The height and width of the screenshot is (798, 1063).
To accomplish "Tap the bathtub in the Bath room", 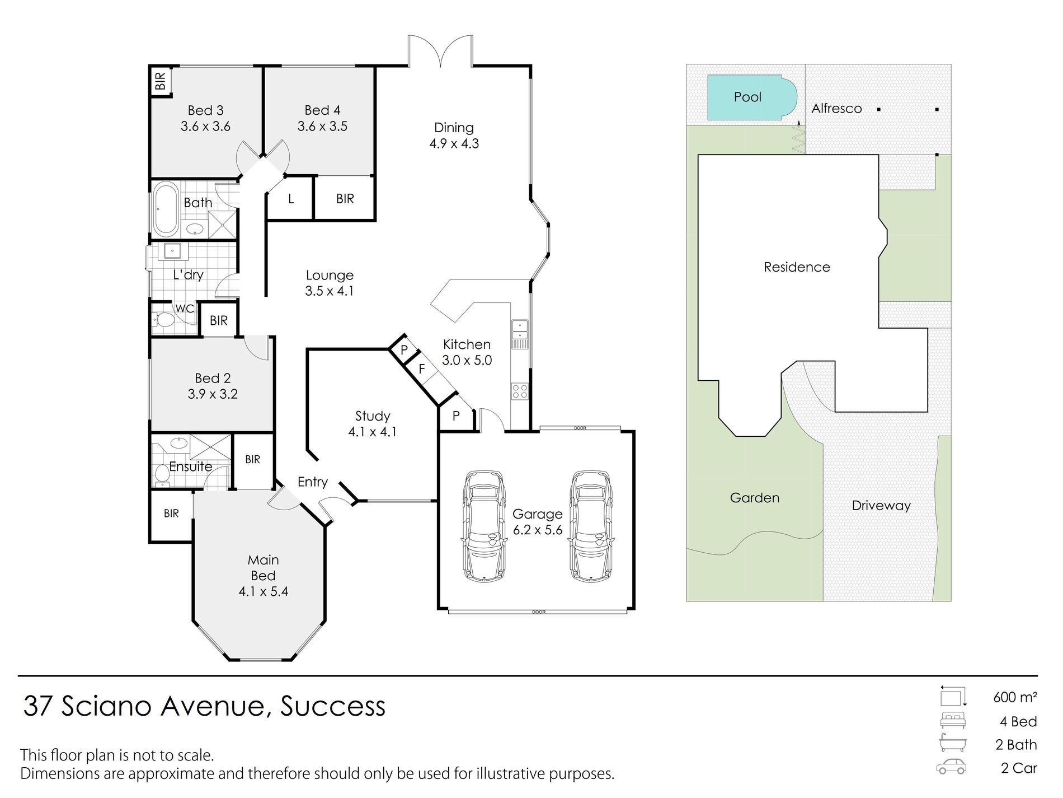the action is tap(166, 209).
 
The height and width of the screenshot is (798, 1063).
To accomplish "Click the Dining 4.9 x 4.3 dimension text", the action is tap(454, 143).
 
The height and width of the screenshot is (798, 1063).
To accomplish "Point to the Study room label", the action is tap(373, 416).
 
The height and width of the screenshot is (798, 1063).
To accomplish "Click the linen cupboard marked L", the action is tap(290, 198).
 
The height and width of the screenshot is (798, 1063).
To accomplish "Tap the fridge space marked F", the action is tap(422, 369).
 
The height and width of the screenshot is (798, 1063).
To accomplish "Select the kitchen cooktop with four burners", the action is tap(520, 391).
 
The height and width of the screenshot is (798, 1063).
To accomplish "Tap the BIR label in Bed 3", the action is tap(161, 81).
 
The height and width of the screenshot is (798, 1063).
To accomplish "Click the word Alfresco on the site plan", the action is tap(836, 109).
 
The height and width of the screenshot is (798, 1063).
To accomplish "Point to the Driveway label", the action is tap(881, 506).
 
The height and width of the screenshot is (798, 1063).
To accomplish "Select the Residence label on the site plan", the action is tap(797, 267).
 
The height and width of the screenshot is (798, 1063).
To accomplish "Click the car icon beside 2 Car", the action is tap(951, 767).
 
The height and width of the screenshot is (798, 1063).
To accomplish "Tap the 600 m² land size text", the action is tap(1015, 697).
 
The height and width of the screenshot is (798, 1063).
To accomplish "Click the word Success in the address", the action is tap(333, 706).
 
